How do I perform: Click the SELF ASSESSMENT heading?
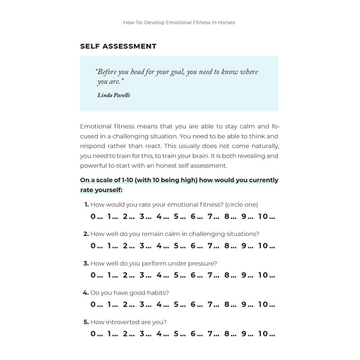click(118, 46)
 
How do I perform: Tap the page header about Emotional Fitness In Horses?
click(179, 23)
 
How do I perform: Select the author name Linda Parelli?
click(113, 95)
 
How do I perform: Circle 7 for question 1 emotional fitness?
click(212, 217)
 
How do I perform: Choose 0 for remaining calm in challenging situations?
click(93, 245)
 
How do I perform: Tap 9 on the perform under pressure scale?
click(245, 275)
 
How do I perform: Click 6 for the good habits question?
click(194, 304)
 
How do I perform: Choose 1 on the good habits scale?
click(110, 304)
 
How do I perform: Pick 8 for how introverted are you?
click(229, 334)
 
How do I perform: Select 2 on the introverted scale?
click(127, 334)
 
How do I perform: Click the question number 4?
click(86, 293)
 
